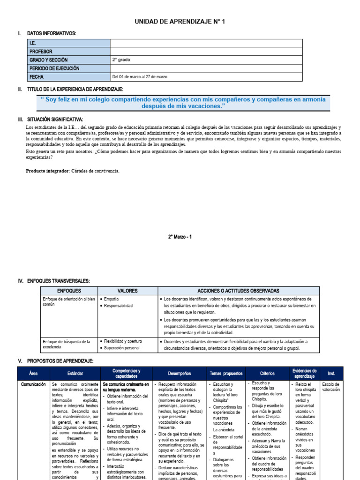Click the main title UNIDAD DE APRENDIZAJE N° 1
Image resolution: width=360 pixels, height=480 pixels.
click(x=180, y=22)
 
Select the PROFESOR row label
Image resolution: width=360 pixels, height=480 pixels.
click(x=41, y=52)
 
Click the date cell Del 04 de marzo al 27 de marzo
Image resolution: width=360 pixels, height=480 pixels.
click(x=139, y=77)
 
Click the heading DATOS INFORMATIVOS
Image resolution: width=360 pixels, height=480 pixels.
click(x=52, y=33)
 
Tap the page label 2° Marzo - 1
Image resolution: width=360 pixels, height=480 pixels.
click(x=180, y=237)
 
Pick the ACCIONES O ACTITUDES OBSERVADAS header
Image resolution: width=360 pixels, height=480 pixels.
click(x=238, y=291)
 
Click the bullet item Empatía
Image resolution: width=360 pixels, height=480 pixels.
click(x=112, y=299)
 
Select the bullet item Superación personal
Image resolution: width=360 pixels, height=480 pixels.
click(x=121, y=348)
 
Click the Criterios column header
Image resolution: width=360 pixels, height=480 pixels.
click(x=267, y=374)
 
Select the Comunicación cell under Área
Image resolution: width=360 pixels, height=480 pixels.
click(x=33, y=384)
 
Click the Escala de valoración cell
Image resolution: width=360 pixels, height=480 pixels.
click(x=331, y=387)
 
